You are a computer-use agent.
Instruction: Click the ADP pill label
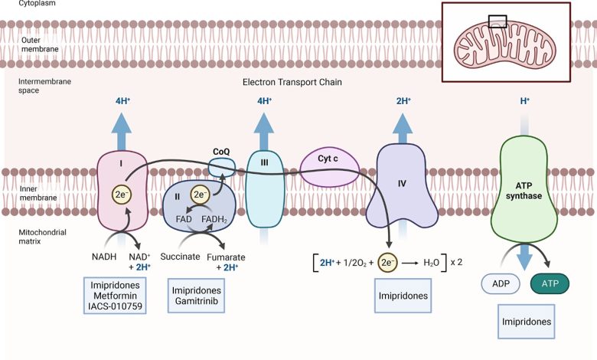pos(501,284)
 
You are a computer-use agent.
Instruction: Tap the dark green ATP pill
pos(550,284)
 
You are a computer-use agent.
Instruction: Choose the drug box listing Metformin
pos(115,296)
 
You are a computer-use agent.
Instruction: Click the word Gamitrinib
pos(197,301)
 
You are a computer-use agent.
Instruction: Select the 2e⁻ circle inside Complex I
pos(121,195)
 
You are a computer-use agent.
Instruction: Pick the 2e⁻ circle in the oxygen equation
pos(387,263)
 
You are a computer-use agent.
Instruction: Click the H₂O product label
pos(432,263)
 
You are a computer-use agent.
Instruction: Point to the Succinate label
pos(180,257)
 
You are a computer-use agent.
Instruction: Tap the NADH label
pos(104,257)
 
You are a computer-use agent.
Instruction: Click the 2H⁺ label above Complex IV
pos(403,101)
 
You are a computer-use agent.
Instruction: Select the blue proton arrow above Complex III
pos(264,132)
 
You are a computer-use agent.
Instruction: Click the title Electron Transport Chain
pos(292,82)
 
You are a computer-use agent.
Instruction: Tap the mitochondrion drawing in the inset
pos(505,45)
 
